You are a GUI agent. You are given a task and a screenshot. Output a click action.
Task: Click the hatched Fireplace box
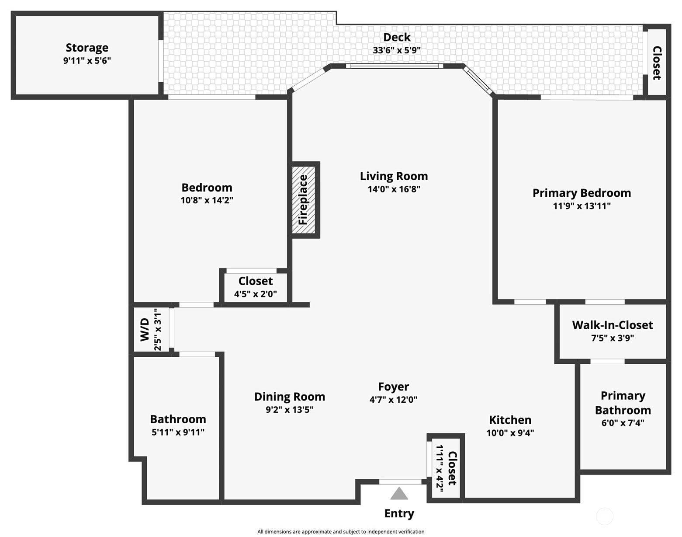[304, 200]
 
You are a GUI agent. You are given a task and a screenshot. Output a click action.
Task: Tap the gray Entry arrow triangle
[399, 494]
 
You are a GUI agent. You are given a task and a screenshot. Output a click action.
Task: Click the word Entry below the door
[399, 513]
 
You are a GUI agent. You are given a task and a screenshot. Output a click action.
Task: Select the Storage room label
[87, 48]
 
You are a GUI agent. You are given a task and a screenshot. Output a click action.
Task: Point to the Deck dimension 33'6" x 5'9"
[396, 50]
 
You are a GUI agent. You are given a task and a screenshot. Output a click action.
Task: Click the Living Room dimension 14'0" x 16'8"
[394, 189]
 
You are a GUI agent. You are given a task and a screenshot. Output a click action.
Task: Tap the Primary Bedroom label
[582, 193]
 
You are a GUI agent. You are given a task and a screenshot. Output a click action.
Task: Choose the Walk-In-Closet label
[613, 325]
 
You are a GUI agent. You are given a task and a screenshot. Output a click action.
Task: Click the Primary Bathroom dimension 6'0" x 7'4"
[623, 423]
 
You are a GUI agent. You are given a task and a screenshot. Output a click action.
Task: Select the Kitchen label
[510, 420]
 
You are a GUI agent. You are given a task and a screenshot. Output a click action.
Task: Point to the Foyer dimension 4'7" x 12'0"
[393, 399]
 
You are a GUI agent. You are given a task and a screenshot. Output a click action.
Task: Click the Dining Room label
[289, 397]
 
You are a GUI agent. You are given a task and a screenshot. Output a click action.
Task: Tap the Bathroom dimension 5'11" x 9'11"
[178, 432]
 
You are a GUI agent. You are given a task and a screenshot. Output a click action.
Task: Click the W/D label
[145, 330]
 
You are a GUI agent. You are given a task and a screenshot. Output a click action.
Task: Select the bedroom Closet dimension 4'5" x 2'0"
[256, 294]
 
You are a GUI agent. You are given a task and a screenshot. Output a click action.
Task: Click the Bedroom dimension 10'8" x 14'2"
[207, 200]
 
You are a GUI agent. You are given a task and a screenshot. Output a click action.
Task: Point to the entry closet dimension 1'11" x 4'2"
[440, 468]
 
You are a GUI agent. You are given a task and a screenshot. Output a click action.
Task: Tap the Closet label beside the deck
[657, 63]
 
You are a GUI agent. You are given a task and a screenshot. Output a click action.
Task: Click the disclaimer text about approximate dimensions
[341, 532]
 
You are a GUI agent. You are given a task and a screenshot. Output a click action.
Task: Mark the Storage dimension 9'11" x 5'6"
[87, 61]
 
